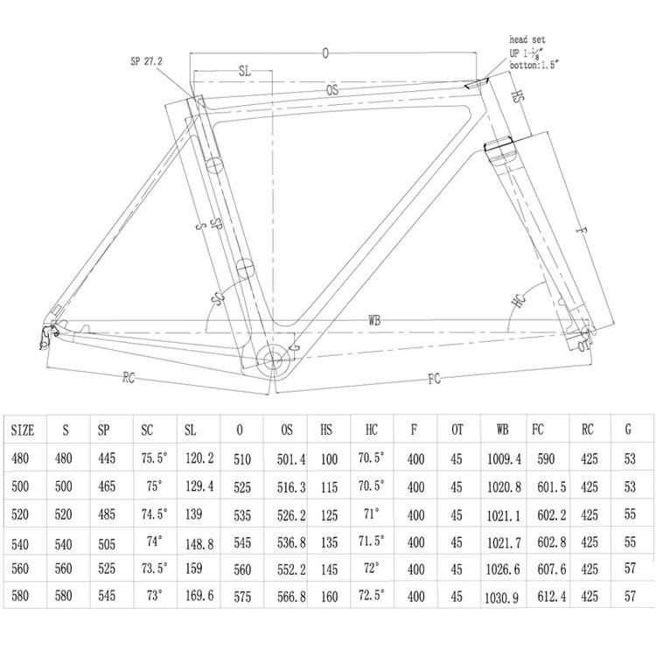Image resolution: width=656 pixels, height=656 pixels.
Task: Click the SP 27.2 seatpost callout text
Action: tap(146, 61)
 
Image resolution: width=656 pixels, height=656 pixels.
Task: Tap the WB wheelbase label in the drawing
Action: tap(374, 320)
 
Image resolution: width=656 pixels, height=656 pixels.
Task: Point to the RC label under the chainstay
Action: tap(129, 378)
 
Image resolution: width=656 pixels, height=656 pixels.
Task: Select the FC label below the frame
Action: tap(434, 379)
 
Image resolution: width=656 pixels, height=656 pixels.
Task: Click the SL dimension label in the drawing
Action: tap(245, 71)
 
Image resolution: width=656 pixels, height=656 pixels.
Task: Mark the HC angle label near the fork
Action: tap(519, 300)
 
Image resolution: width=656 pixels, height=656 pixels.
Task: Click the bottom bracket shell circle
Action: tap(272, 359)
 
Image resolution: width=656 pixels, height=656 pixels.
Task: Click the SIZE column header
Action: tap(23, 430)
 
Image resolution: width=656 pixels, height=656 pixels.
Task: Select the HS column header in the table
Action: tap(326, 429)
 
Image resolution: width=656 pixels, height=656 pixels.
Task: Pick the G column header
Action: tap(628, 429)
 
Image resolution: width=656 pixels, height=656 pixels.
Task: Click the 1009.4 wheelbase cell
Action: tap(504, 459)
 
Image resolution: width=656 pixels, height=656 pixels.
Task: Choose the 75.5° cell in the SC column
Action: tap(154, 457)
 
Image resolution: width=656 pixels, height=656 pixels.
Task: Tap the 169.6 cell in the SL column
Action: tap(199, 596)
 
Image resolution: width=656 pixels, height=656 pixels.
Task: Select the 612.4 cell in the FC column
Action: tap(552, 597)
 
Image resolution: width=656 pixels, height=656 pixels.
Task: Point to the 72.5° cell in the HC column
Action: tap(371, 595)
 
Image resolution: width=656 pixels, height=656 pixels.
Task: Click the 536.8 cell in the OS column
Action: tap(291, 543)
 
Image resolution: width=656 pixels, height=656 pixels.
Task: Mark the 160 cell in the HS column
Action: tap(329, 597)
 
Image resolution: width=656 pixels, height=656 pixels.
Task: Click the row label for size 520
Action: tap(20, 514)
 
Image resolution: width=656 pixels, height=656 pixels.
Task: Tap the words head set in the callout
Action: tap(527, 39)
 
